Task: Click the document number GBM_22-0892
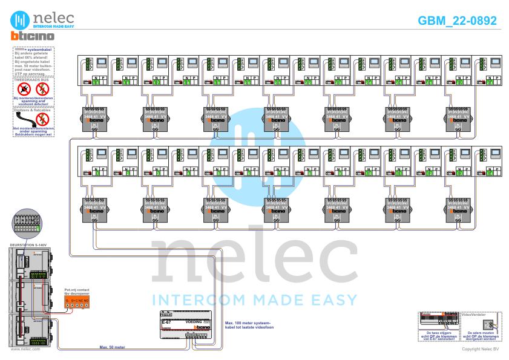(x=458, y=21)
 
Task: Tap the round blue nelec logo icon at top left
(x=21, y=19)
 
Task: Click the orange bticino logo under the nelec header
(x=33, y=36)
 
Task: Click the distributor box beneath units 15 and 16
(x=94, y=119)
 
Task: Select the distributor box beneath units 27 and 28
(x=458, y=119)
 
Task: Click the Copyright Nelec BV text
(x=480, y=349)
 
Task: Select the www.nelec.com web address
(x=25, y=349)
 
